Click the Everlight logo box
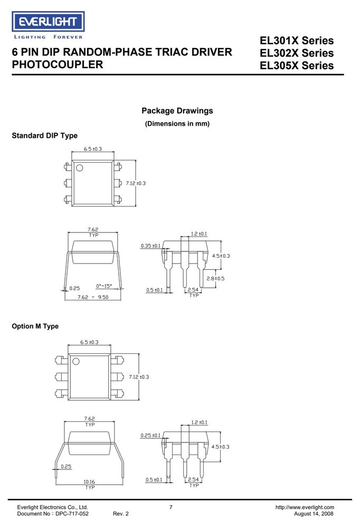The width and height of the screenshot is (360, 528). click(48, 22)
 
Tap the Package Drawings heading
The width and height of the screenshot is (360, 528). click(177, 111)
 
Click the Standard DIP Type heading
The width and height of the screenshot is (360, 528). click(44, 135)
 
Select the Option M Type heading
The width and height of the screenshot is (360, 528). click(35, 326)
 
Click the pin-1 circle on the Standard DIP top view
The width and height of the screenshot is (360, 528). click(80, 167)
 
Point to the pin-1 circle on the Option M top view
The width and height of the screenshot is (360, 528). click(76, 361)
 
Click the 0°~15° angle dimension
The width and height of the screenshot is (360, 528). click(104, 286)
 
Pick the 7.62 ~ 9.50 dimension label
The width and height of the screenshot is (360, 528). click(93, 297)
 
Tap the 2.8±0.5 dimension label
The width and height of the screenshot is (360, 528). click(215, 278)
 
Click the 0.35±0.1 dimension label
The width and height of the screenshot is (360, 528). click(150, 246)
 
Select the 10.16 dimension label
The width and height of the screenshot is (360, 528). click(89, 482)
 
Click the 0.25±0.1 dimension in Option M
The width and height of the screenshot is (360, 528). click(150, 436)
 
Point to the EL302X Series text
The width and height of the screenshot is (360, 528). click(296, 53)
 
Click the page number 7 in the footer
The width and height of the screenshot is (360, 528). click(170, 507)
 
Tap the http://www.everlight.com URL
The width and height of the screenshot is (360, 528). click(305, 507)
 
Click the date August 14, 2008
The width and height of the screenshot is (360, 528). click(314, 514)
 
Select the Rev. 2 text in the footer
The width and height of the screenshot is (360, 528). click(120, 514)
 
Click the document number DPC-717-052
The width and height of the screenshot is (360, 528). click(72, 514)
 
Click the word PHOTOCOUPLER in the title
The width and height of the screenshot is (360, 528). click(57, 64)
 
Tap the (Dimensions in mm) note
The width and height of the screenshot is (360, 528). click(177, 124)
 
